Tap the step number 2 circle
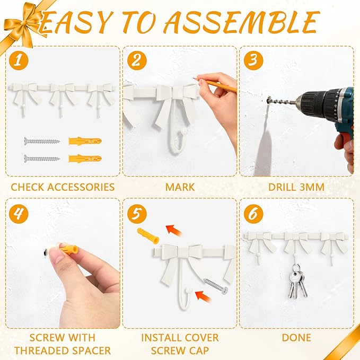click(136, 60)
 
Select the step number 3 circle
click(253, 60)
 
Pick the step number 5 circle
click(136, 214)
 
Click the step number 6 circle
click(253, 214)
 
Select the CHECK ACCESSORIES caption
click(63, 187)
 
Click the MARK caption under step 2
click(180, 187)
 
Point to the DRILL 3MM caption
click(296, 187)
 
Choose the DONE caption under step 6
click(296, 337)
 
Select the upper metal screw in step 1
click(42, 141)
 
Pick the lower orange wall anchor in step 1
click(84, 157)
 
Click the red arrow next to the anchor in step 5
click(172, 229)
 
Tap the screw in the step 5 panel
click(215, 287)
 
